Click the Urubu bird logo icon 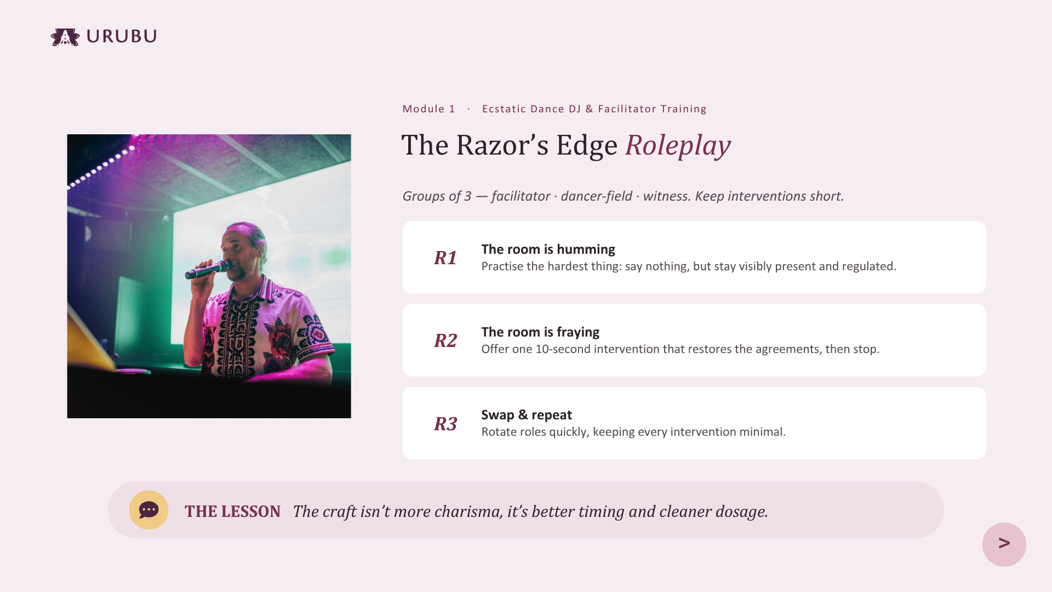click(65, 37)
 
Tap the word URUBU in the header click(122, 36)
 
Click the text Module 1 click(428, 109)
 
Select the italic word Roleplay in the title click(678, 145)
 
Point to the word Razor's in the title click(502, 145)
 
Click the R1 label click(445, 258)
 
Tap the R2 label click(445, 340)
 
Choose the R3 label click(445, 424)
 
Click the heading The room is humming click(548, 249)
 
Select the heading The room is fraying click(540, 332)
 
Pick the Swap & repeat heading click(527, 415)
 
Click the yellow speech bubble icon click(148, 510)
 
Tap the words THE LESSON click(232, 511)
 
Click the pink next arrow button click(1004, 544)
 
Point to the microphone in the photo click(209, 269)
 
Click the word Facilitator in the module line click(627, 109)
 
